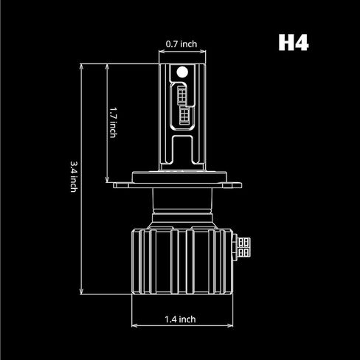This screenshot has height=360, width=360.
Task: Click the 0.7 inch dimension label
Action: click(x=181, y=44)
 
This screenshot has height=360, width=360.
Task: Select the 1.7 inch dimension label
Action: click(x=111, y=123)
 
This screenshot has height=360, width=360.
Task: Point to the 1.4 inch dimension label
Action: click(x=180, y=319)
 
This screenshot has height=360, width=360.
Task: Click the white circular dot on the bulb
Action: click(x=181, y=72)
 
